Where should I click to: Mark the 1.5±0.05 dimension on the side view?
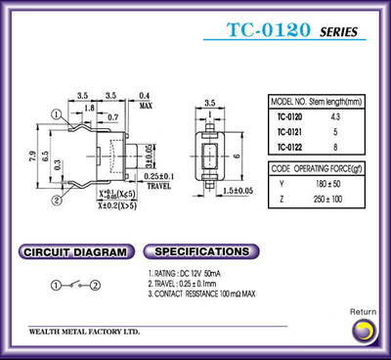(x=238, y=190)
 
